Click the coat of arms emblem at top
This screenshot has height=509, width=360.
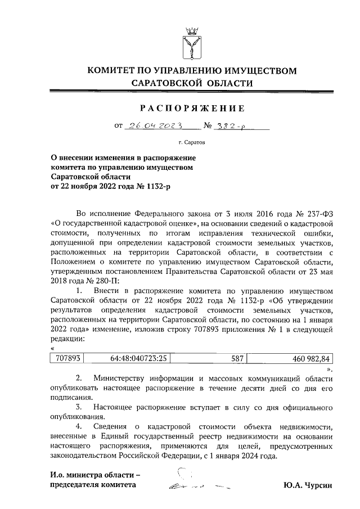coord(193,42)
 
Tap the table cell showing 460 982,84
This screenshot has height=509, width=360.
coord(290,358)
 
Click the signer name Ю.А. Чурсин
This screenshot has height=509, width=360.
coord(308,484)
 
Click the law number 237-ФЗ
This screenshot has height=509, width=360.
coord(321,214)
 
